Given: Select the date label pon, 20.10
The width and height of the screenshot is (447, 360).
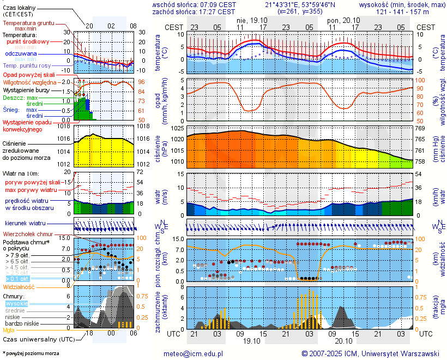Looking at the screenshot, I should point(341,20).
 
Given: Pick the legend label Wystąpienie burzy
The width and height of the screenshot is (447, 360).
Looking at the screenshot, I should point(26,89).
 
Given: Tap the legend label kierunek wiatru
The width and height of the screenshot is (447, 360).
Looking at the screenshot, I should point(25,224).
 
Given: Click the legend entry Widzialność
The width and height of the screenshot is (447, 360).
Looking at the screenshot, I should point(19,286).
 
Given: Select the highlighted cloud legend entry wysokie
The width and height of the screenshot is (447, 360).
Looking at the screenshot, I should point(16,303).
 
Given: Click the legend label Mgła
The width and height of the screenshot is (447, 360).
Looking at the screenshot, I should point(8,330).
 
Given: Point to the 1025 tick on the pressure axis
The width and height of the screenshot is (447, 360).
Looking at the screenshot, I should point(177,128).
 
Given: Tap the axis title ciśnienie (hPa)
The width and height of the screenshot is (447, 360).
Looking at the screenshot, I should point(158,145).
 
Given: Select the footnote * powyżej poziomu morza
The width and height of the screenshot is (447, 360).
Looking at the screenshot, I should point(30,353).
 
